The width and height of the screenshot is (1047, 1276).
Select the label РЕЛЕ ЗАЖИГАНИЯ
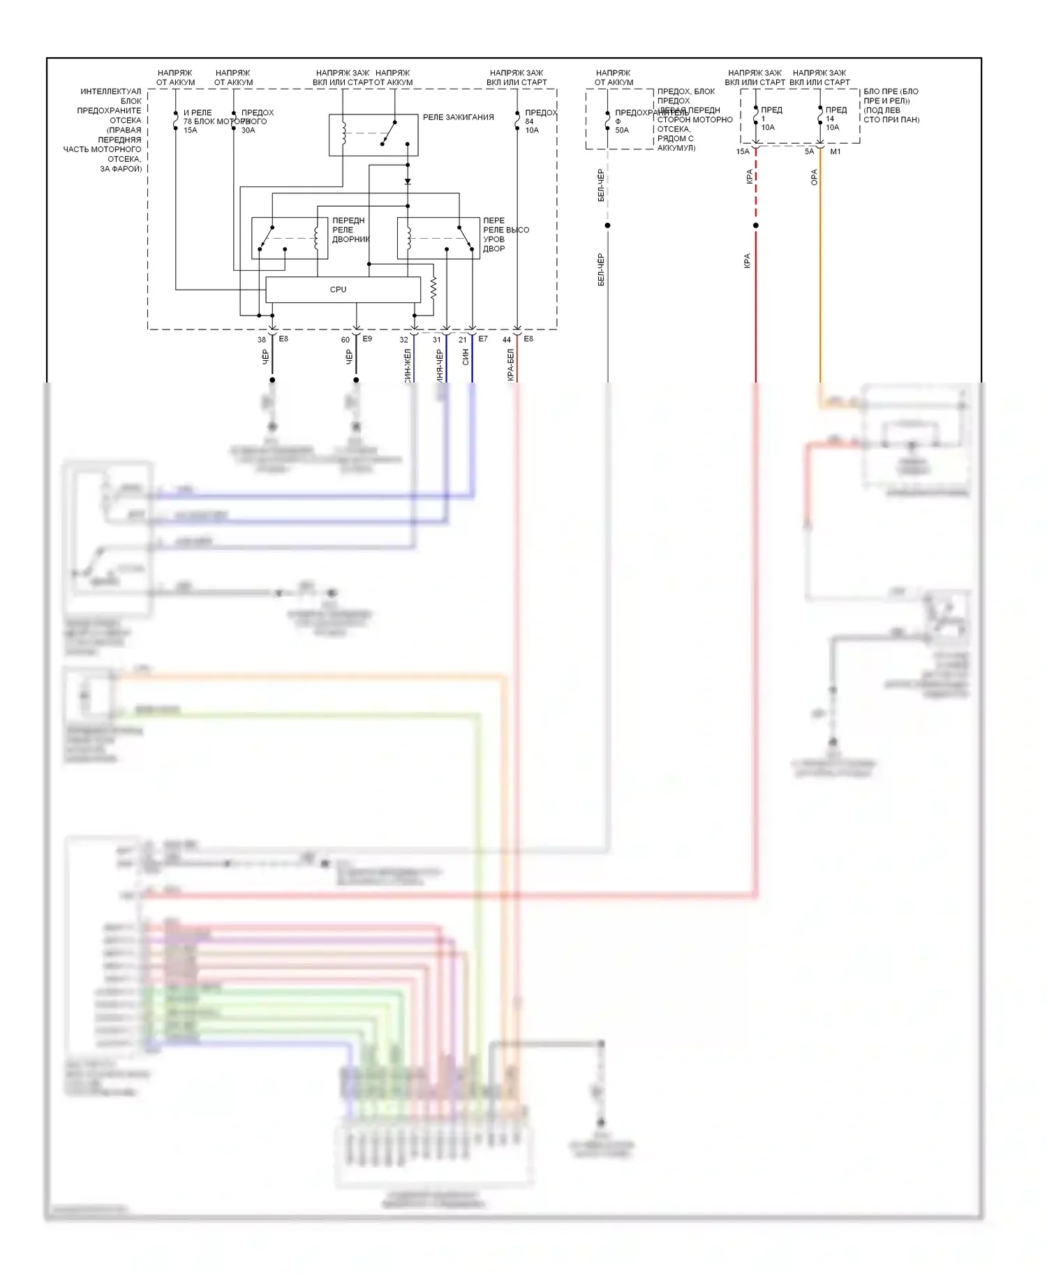click(x=458, y=117)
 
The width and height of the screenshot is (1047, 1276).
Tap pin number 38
click(x=262, y=340)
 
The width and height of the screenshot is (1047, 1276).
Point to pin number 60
click(x=346, y=340)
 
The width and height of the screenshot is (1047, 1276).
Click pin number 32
click(x=403, y=340)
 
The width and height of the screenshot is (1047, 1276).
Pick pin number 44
click(x=507, y=340)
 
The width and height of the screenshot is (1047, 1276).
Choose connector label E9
click(x=367, y=339)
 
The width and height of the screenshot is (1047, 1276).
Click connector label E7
click(x=483, y=339)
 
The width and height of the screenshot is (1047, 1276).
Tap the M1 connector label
click(x=836, y=151)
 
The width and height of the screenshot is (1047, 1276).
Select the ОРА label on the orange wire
click(x=814, y=177)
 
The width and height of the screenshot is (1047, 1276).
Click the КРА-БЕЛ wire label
click(x=510, y=364)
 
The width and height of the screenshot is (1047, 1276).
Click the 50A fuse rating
click(x=622, y=131)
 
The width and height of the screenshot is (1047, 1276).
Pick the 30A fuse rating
click(x=248, y=131)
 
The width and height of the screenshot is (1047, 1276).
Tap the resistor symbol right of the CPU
click(x=433, y=288)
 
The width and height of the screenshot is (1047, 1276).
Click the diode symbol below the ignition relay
click(x=408, y=181)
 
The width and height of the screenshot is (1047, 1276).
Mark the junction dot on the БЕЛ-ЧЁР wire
click(x=607, y=225)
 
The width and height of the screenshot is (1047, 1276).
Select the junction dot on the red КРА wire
click(x=756, y=225)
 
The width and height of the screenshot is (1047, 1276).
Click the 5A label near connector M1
click(x=809, y=151)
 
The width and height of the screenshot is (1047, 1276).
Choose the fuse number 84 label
click(x=529, y=121)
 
